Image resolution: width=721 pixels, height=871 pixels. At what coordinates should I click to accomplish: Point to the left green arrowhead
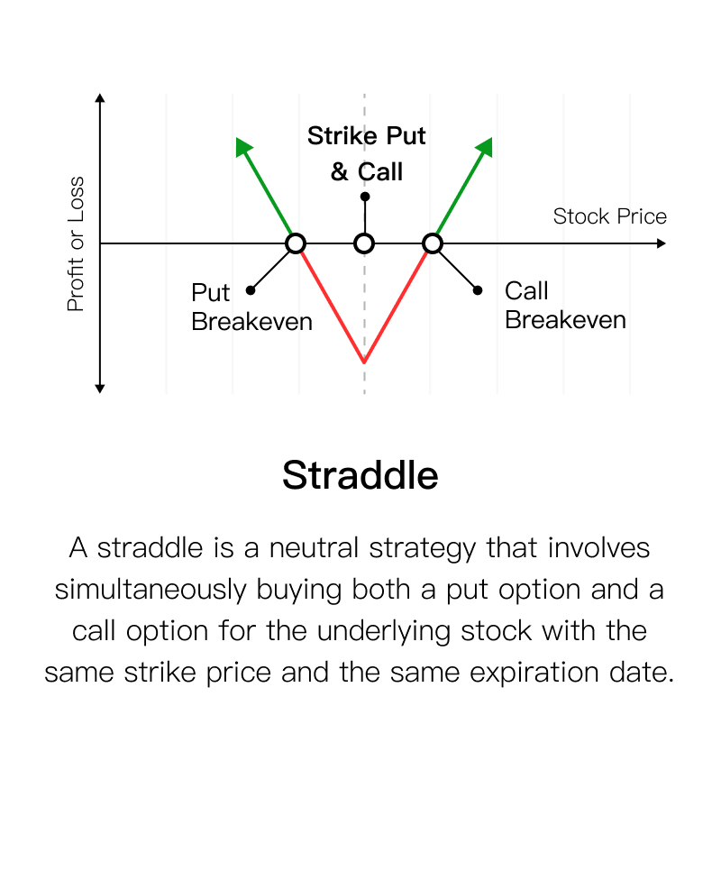242,146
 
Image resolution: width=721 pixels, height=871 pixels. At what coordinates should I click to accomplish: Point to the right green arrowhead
486,146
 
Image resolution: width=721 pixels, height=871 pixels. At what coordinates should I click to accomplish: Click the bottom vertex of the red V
364,362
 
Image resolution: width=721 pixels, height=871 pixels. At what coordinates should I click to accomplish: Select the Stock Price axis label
609,216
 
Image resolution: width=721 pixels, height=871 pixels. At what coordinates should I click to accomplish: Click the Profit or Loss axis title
76,243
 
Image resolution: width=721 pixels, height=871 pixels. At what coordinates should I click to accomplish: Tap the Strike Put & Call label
366,153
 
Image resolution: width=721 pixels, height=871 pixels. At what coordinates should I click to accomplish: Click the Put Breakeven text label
251,307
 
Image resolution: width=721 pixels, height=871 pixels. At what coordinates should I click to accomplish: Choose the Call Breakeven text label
565,305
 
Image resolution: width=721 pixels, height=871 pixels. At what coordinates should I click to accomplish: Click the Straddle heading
360,475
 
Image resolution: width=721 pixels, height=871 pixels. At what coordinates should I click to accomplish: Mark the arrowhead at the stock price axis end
661,243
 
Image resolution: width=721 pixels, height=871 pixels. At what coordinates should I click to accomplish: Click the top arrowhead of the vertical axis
100,97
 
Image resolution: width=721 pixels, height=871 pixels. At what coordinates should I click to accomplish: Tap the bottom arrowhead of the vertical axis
100,389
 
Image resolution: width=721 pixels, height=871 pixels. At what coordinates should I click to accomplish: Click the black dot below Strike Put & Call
365,197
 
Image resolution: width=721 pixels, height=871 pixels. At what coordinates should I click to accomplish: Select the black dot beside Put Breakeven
251,290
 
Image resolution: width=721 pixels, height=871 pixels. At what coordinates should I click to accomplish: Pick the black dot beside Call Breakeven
478,290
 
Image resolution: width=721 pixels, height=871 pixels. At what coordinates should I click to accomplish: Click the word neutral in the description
314,547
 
